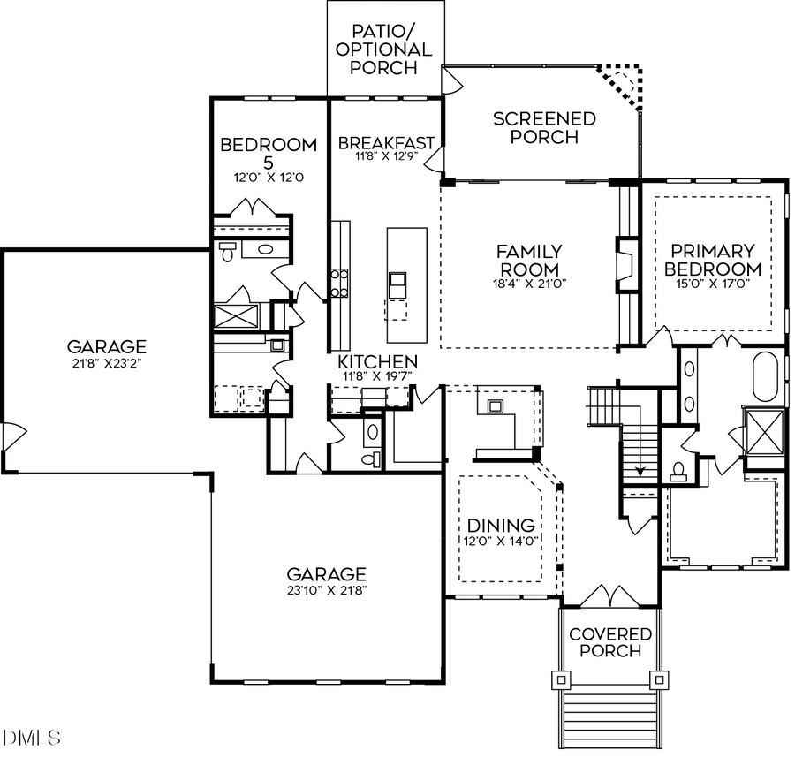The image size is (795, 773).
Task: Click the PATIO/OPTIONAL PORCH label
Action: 385,49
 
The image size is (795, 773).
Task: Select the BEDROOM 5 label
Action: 269,153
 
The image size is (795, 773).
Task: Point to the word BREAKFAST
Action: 386,143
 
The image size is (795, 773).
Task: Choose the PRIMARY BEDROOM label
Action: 712,260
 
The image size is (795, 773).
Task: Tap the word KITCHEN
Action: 379,362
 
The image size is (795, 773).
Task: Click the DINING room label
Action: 501,526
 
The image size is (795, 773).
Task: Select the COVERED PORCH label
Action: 610,642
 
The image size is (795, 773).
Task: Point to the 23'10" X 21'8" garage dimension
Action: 327,591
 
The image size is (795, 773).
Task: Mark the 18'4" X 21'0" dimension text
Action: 528,284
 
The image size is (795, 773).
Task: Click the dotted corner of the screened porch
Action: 625,84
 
